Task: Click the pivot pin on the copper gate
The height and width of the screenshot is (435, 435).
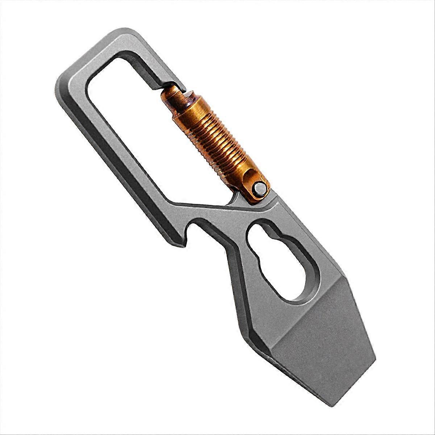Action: tap(259, 188)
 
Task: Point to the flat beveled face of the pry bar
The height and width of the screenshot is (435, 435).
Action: tap(319, 337)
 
